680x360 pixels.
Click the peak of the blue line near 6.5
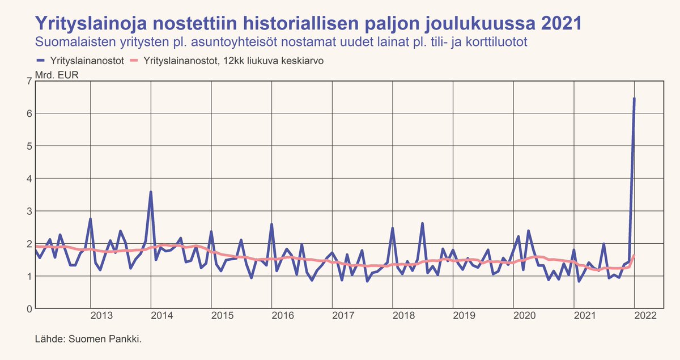pos(634,99)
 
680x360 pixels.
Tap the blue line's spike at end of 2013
pos(150,192)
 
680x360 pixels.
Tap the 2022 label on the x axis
pos(646,316)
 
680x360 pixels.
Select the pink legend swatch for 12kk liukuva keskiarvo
pos(134,61)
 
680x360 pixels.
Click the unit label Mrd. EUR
pos(57,74)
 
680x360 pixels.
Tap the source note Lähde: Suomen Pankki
pos(88,339)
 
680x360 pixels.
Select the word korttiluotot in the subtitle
pos(496,42)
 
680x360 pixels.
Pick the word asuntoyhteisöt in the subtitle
pos(223,42)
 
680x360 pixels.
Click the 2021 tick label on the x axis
pos(585,316)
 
